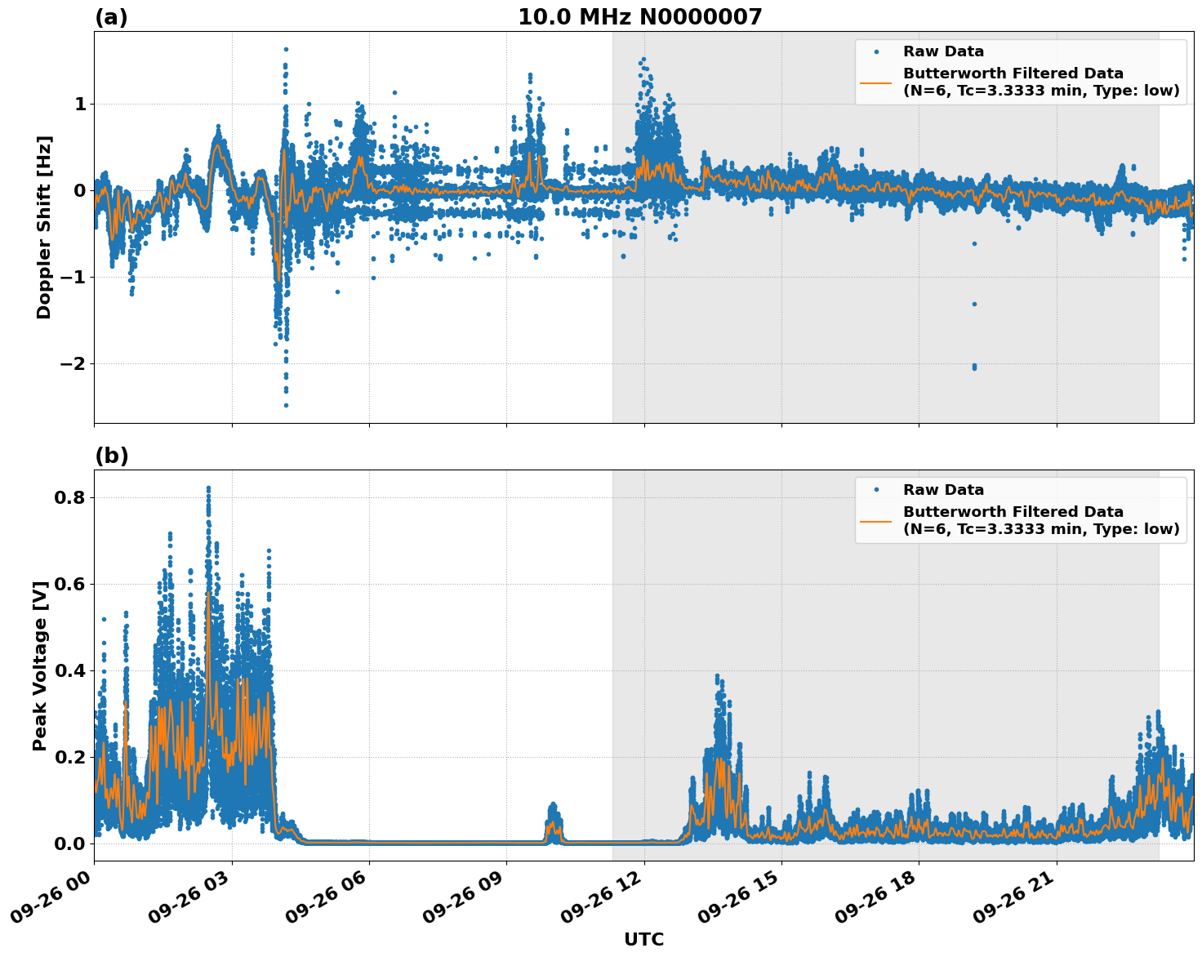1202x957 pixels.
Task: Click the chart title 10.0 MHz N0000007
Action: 639,17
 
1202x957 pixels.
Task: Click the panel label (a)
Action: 111,17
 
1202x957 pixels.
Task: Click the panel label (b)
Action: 111,456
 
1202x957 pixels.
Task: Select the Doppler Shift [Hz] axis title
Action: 44,227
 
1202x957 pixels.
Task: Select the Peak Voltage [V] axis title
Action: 40,665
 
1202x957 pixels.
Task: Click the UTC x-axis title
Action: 643,940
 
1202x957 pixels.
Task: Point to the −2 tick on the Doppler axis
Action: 73,363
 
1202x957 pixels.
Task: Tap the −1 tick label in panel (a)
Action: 73,277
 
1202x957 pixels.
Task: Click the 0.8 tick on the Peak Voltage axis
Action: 71,497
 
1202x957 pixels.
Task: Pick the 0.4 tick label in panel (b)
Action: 71,670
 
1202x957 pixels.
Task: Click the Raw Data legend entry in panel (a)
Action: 943,51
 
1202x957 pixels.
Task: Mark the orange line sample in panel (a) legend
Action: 876,82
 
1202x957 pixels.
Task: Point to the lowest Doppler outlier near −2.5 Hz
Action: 286,405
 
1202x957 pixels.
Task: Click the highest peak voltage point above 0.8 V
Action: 208,488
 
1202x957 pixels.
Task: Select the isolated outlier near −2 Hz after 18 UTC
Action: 974,367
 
